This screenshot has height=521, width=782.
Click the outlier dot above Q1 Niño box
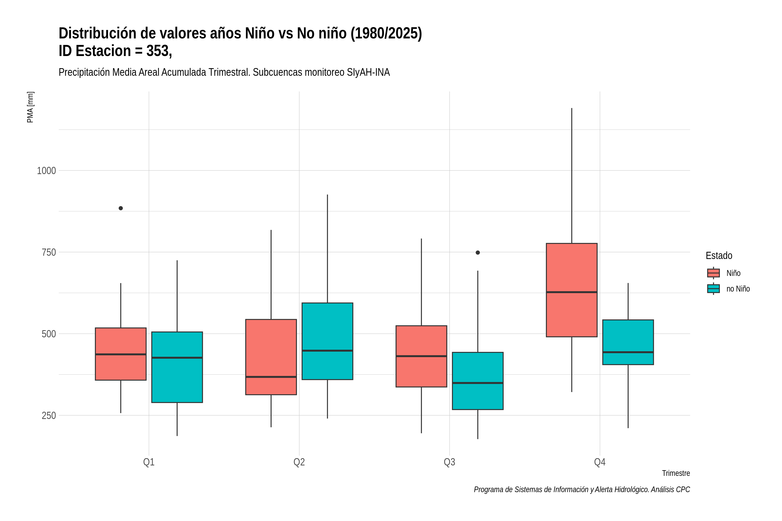121,208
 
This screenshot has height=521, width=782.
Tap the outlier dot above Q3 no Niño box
478,252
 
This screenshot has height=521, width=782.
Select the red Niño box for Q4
572,290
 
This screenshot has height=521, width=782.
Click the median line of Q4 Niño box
572,292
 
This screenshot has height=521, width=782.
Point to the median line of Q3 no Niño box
478,383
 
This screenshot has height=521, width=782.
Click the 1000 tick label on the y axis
46,171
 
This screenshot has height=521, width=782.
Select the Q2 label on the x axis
299,462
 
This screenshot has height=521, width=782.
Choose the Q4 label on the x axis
600,462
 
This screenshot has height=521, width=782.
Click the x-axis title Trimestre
676,473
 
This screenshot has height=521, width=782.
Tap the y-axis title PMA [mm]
30,107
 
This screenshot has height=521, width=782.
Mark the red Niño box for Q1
121,354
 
